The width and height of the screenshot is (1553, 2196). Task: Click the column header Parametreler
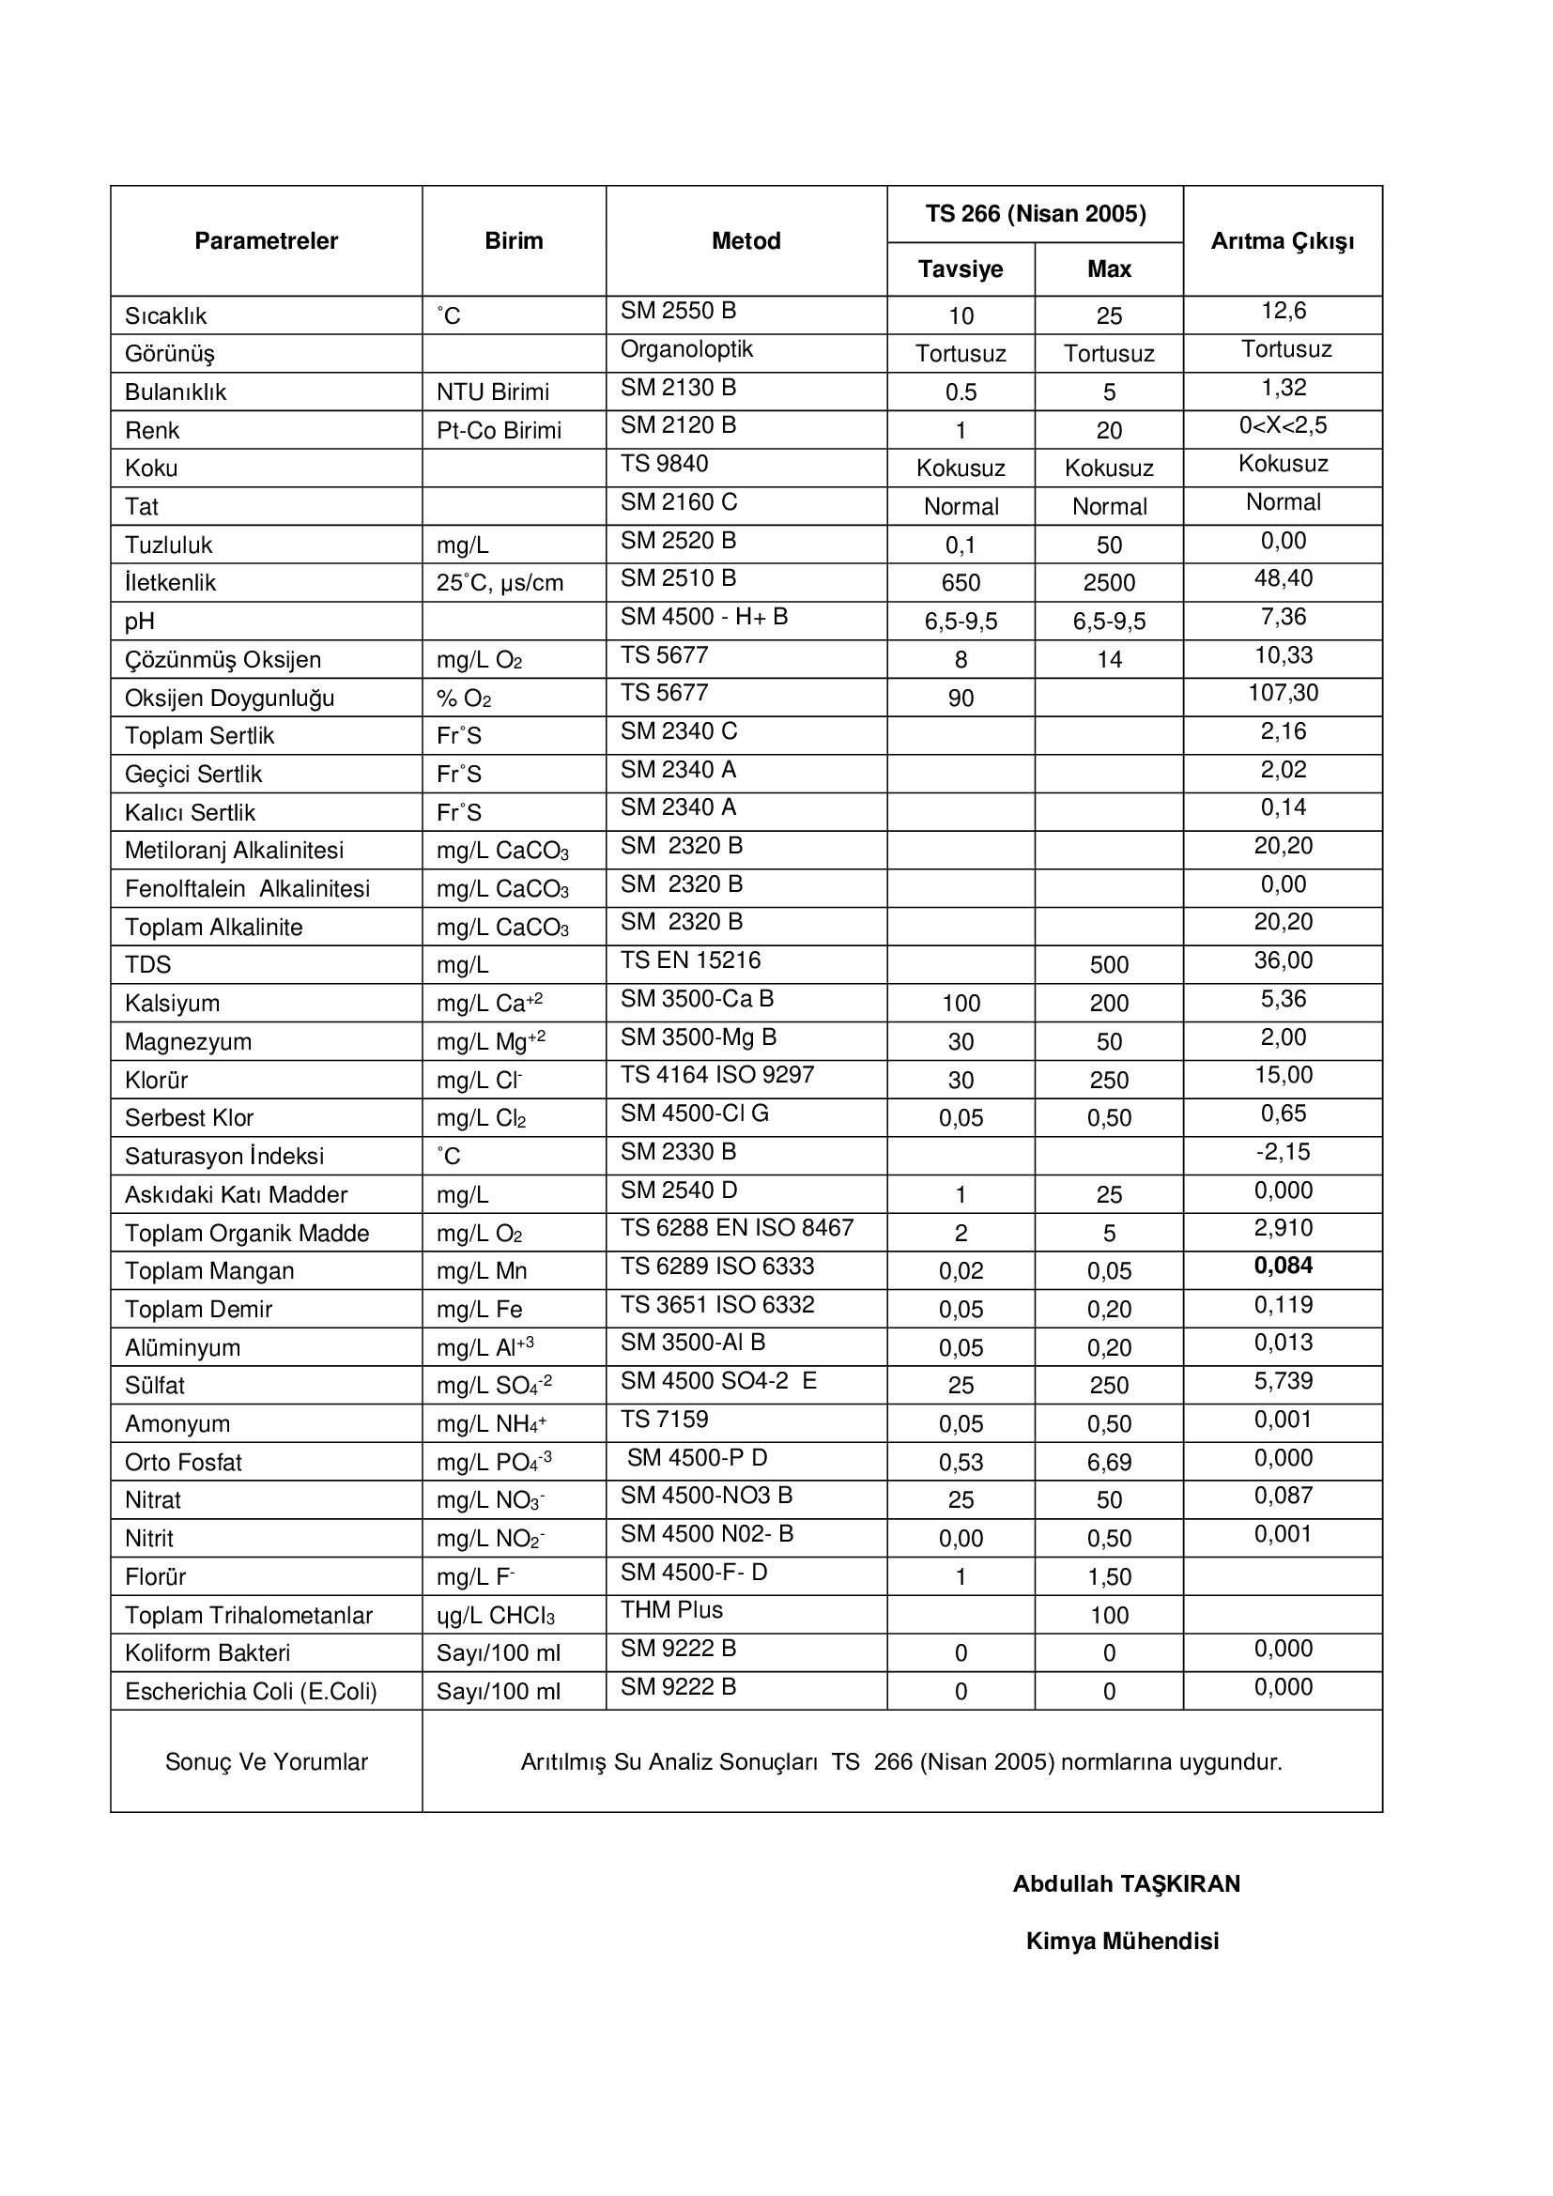pos(266,241)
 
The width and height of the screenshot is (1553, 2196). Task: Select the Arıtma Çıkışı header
pos(1283,241)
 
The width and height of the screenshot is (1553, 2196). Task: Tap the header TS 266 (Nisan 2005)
pos(1035,213)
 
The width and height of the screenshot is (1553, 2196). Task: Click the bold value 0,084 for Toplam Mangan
pos(1283,1266)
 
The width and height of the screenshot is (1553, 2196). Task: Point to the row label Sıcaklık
pos(165,315)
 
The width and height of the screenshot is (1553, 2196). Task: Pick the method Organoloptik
pos(686,349)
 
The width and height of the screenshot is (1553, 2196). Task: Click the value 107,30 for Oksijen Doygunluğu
pos(1283,693)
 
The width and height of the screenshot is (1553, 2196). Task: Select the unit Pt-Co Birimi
pos(499,430)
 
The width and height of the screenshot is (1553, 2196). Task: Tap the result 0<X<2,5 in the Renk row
pos(1283,425)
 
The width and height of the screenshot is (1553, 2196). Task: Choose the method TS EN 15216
pos(690,960)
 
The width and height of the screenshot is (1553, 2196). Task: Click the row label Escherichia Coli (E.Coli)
pos(251,1692)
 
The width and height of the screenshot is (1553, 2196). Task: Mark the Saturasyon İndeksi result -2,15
pos(1283,1152)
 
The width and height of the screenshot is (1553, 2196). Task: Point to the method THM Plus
pos(671,1611)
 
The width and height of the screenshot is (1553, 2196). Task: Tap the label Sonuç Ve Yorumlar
pos(266,1761)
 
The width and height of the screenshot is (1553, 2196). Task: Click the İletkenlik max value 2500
pos(1108,582)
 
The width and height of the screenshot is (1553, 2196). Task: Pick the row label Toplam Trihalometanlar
pos(249,1616)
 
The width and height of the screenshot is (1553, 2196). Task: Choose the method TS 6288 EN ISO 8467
pos(736,1228)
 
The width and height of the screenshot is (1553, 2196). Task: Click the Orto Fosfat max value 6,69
pos(1108,1463)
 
